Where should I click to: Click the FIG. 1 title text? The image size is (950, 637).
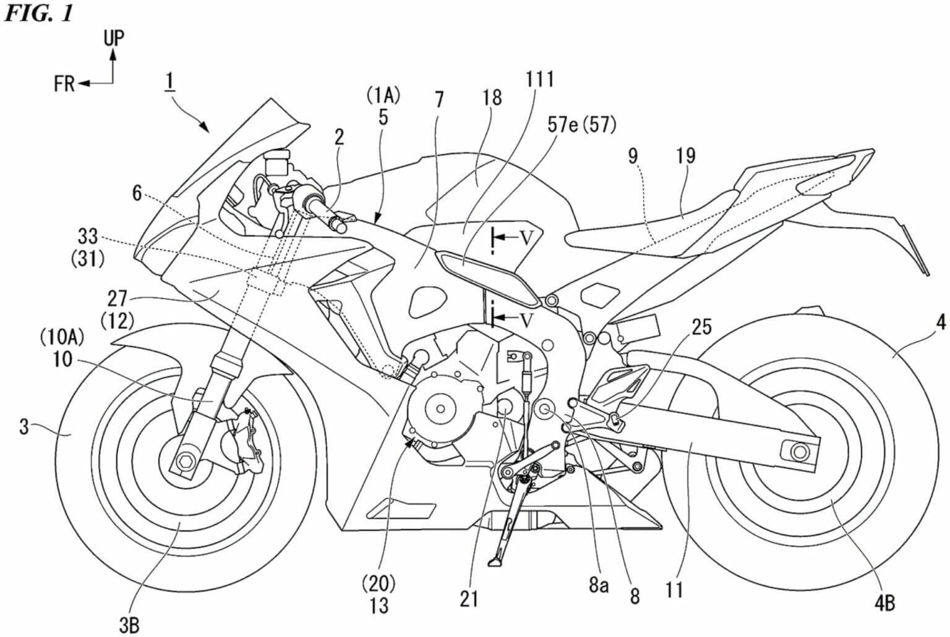(x=38, y=13)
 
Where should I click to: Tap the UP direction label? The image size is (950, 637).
(x=113, y=38)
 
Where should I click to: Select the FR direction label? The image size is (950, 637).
(x=64, y=83)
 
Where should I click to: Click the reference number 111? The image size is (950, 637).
(x=540, y=80)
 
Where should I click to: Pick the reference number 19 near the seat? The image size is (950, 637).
(x=685, y=155)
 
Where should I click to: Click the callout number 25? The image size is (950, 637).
(x=701, y=326)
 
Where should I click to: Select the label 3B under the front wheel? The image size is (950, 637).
(x=129, y=625)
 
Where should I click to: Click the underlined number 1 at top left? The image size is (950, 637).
(x=169, y=81)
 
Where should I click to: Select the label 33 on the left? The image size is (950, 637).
(x=87, y=236)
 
